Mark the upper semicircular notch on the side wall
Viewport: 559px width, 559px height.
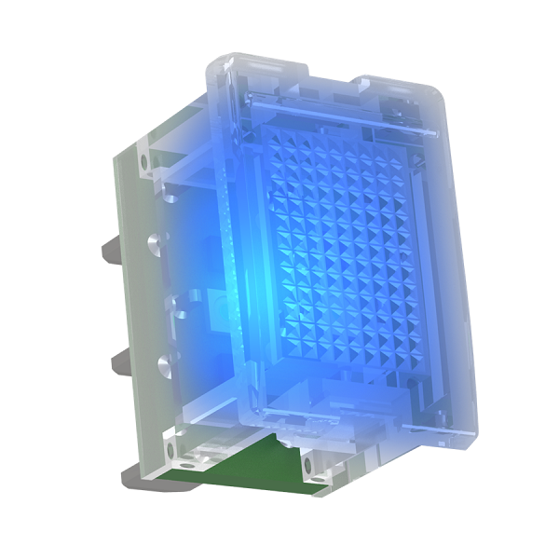pyautogui.click(x=153, y=244)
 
